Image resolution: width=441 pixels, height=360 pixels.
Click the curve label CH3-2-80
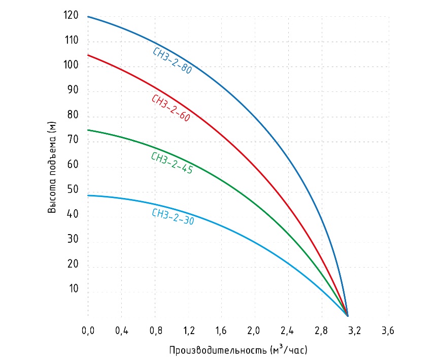(173, 61)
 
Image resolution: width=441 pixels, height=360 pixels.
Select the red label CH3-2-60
(171, 108)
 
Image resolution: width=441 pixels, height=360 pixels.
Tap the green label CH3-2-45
(172, 163)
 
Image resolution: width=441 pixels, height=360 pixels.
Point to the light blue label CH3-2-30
(173, 216)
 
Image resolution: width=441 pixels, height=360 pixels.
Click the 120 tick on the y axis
(72, 16)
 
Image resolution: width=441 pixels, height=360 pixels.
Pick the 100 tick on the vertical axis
(72, 66)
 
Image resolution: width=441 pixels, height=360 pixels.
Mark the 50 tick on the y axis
(73, 190)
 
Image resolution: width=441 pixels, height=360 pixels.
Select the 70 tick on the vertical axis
(73, 141)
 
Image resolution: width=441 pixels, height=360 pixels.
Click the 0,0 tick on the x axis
(88, 331)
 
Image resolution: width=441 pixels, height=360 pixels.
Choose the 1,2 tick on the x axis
(188, 331)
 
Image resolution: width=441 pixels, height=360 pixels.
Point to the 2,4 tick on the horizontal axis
(288, 331)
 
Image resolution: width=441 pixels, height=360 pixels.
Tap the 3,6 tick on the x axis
(388, 331)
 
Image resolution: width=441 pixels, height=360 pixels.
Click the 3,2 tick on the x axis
(355, 331)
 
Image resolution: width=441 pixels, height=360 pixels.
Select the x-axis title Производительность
(238, 350)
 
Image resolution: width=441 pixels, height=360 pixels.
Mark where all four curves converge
(347, 315)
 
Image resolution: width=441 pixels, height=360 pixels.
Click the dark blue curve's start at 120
(88, 17)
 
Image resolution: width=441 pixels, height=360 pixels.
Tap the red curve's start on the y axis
(88, 55)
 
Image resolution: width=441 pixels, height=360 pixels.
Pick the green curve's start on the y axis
(88, 130)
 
